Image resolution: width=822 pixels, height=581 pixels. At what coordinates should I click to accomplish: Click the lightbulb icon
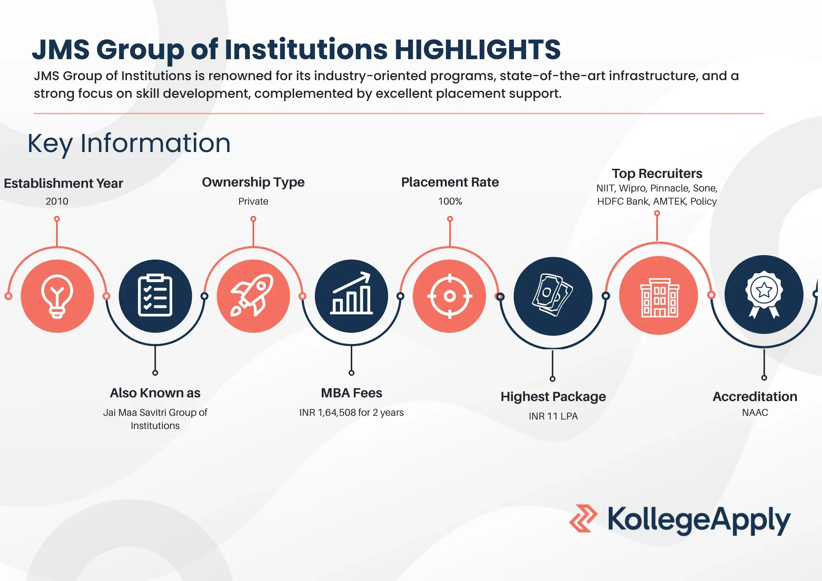pos(57,296)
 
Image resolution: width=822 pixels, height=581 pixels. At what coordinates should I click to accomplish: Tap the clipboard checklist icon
pos(155,295)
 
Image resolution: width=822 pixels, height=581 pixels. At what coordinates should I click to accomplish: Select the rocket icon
pos(252,295)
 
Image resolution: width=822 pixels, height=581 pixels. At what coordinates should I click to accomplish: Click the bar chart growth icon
pos(351,293)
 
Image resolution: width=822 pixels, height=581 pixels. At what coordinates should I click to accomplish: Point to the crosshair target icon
pos(450,296)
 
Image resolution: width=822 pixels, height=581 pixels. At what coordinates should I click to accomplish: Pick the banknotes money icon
pos(552,295)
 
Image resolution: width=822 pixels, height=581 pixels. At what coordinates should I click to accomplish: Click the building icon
pos(660,297)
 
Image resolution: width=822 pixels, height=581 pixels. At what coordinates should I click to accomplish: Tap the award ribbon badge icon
pos(764,294)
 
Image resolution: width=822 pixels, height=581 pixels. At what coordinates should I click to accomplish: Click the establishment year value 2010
pos(57,201)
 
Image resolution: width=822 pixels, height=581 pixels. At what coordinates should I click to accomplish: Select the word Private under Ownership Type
pos(253,201)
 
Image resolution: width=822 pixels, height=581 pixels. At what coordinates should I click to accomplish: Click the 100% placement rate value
pos(450,201)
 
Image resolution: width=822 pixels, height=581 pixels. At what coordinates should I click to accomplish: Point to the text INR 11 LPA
pos(553,416)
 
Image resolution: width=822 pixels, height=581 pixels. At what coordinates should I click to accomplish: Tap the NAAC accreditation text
pos(755,413)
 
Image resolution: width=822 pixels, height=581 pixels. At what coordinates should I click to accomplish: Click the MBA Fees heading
pos(351,393)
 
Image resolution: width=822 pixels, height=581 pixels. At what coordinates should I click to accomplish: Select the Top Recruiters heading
pos(657,173)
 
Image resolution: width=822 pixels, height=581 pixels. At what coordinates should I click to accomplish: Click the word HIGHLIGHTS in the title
pos(478,49)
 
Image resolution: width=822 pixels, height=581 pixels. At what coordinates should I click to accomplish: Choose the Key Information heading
pos(129,143)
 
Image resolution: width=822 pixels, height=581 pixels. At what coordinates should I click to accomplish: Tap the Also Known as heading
pos(155,393)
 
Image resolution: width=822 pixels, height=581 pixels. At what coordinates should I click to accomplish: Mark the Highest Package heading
pos(553,397)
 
